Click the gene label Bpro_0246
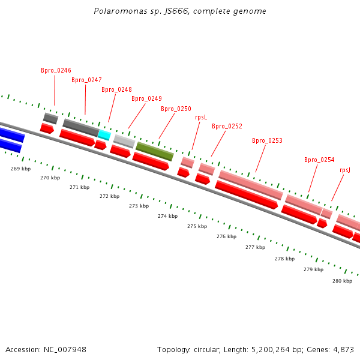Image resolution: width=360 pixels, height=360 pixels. pyautogui.click(x=56, y=70)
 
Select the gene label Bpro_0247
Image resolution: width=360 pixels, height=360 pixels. pyautogui.click(x=86, y=80)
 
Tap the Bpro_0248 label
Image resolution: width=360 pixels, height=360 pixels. pyautogui.click(x=116, y=89)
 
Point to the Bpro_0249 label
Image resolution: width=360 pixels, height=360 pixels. pyautogui.click(x=146, y=98)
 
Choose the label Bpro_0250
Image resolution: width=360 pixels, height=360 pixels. pyautogui.click(x=176, y=109)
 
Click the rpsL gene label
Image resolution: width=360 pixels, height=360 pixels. pyautogui.click(x=201, y=117)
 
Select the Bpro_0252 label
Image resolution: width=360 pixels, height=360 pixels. pyautogui.click(x=227, y=126)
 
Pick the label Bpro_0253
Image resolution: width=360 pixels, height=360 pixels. pyautogui.click(x=267, y=140)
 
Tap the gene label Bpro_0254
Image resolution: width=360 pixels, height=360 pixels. pyautogui.click(x=319, y=160)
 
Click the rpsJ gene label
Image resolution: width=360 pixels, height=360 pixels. pyautogui.click(x=345, y=170)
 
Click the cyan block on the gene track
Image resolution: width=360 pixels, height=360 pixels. pyautogui.click(x=104, y=135)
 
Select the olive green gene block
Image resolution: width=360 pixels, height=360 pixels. pyautogui.click(x=154, y=151)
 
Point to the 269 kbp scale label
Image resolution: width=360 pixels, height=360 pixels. pyautogui.click(x=20, y=169)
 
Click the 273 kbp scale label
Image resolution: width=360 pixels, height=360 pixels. pyautogui.click(x=139, y=206)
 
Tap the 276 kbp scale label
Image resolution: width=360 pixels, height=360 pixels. pyautogui.click(x=226, y=236)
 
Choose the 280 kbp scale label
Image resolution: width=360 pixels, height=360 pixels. pyautogui.click(x=342, y=280)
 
